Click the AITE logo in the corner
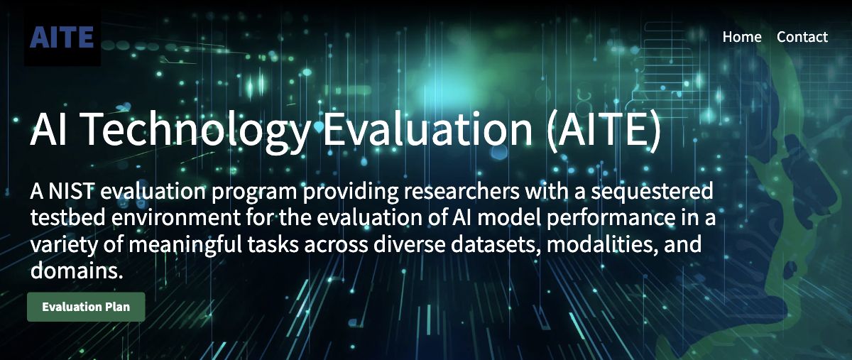[x=62, y=38]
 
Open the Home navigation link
[x=742, y=37]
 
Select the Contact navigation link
[x=802, y=37]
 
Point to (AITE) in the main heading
[x=604, y=130]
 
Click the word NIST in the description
[x=71, y=191]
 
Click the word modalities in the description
[x=602, y=244]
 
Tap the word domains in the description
[x=77, y=271]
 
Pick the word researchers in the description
[x=461, y=192]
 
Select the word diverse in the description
[x=409, y=244]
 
